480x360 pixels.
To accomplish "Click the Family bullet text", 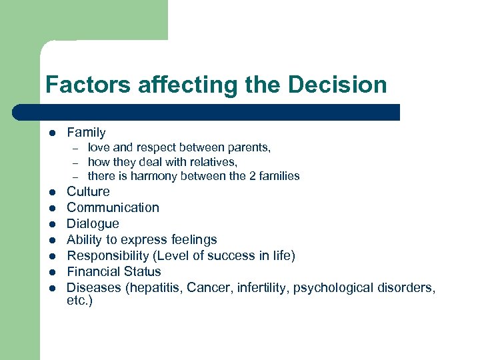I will [x=86, y=133].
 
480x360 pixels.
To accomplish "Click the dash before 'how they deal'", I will [x=76, y=162].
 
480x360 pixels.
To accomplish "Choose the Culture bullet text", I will [x=88, y=192].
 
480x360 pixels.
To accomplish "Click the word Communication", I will [x=113, y=208].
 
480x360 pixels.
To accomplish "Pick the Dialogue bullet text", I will [x=93, y=224].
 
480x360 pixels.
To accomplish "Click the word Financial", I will [x=91, y=272].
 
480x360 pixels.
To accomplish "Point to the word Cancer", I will [x=208, y=288].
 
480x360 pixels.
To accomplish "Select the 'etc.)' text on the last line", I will [x=79, y=301].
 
